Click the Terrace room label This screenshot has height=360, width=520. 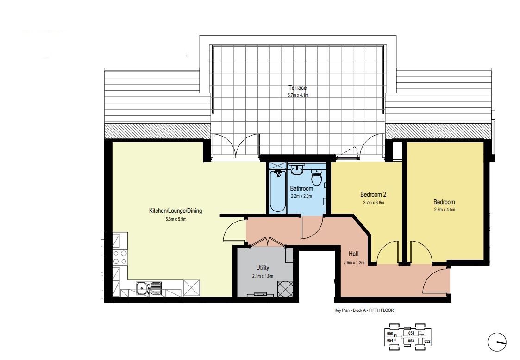click(x=297, y=88)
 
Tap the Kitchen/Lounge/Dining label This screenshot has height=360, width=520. click(x=175, y=211)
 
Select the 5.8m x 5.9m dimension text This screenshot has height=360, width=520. click(x=176, y=219)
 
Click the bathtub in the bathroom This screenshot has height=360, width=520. click(x=277, y=191)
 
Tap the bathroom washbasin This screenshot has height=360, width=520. click(x=297, y=170)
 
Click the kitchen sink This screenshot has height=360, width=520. click(x=148, y=288)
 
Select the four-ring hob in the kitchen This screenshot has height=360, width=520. click(x=120, y=257)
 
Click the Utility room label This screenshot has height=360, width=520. click(x=263, y=268)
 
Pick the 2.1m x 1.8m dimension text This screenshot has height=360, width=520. click(x=263, y=276)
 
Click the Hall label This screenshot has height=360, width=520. click(x=353, y=254)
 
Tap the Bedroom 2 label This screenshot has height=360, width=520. click(x=373, y=195)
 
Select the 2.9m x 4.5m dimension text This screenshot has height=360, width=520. click(x=445, y=210)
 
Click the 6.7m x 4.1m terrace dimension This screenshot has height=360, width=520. click(x=298, y=95)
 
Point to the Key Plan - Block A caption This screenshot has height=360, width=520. click(x=364, y=310)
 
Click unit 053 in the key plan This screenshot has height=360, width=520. click(x=411, y=341)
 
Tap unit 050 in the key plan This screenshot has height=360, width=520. click(x=390, y=334)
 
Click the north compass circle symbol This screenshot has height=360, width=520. click(x=497, y=342)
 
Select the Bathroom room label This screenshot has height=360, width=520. click(x=301, y=189)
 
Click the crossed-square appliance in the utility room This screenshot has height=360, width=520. click(x=285, y=288)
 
